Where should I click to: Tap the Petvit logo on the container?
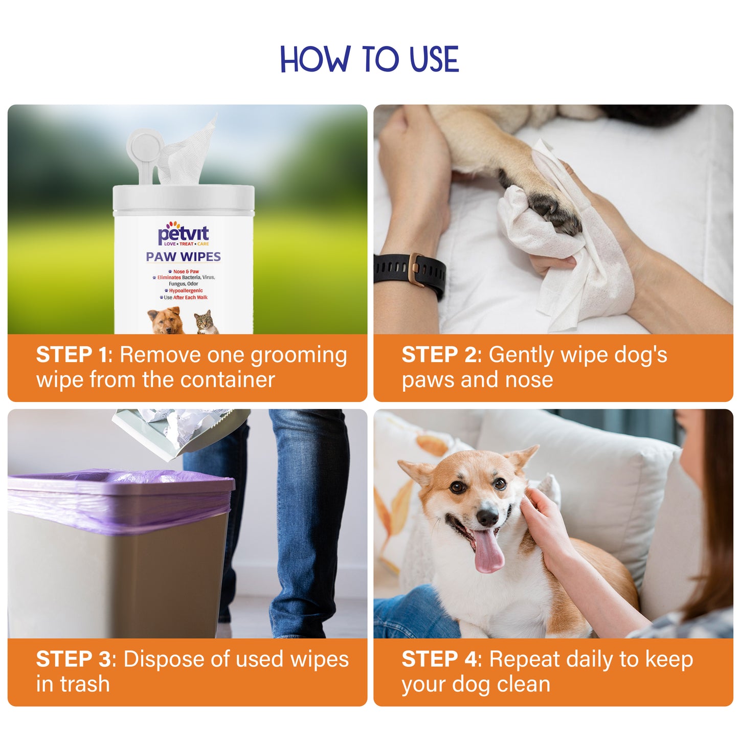pos(183,233)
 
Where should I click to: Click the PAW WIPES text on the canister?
pos(183,257)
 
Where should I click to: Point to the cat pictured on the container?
pos(206,322)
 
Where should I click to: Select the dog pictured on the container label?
pos(165,320)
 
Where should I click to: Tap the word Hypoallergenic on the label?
pos(186,290)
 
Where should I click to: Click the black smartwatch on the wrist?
pos(409,270)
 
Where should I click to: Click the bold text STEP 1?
pos(72,355)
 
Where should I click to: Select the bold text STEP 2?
pos(440,355)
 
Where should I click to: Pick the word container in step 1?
pos(228,379)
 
